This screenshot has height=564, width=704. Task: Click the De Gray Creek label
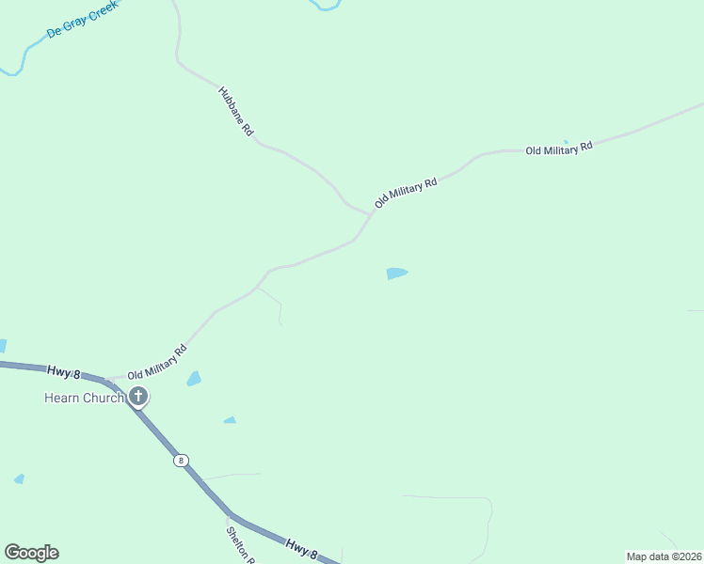(x=82, y=20)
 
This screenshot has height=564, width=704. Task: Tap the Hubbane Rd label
(x=235, y=113)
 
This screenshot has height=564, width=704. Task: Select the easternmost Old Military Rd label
(x=559, y=149)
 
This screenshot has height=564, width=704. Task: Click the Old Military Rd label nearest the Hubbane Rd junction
(x=406, y=192)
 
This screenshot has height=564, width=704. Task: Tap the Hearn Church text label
(x=84, y=398)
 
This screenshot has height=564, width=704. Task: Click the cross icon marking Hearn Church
(x=138, y=397)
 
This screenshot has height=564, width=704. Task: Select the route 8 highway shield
(x=181, y=461)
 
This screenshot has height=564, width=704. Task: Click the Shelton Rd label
(x=239, y=543)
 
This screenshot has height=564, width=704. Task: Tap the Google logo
(x=31, y=553)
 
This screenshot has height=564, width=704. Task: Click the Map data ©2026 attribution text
(x=664, y=556)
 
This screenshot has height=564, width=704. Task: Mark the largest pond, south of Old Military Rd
(x=396, y=274)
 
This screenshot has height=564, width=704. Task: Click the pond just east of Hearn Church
(x=194, y=379)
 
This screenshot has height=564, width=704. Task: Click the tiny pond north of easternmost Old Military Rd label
(x=566, y=142)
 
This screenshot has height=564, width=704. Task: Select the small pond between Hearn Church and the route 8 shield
(x=230, y=420)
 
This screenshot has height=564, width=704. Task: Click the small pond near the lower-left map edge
(x=19, y=479)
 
